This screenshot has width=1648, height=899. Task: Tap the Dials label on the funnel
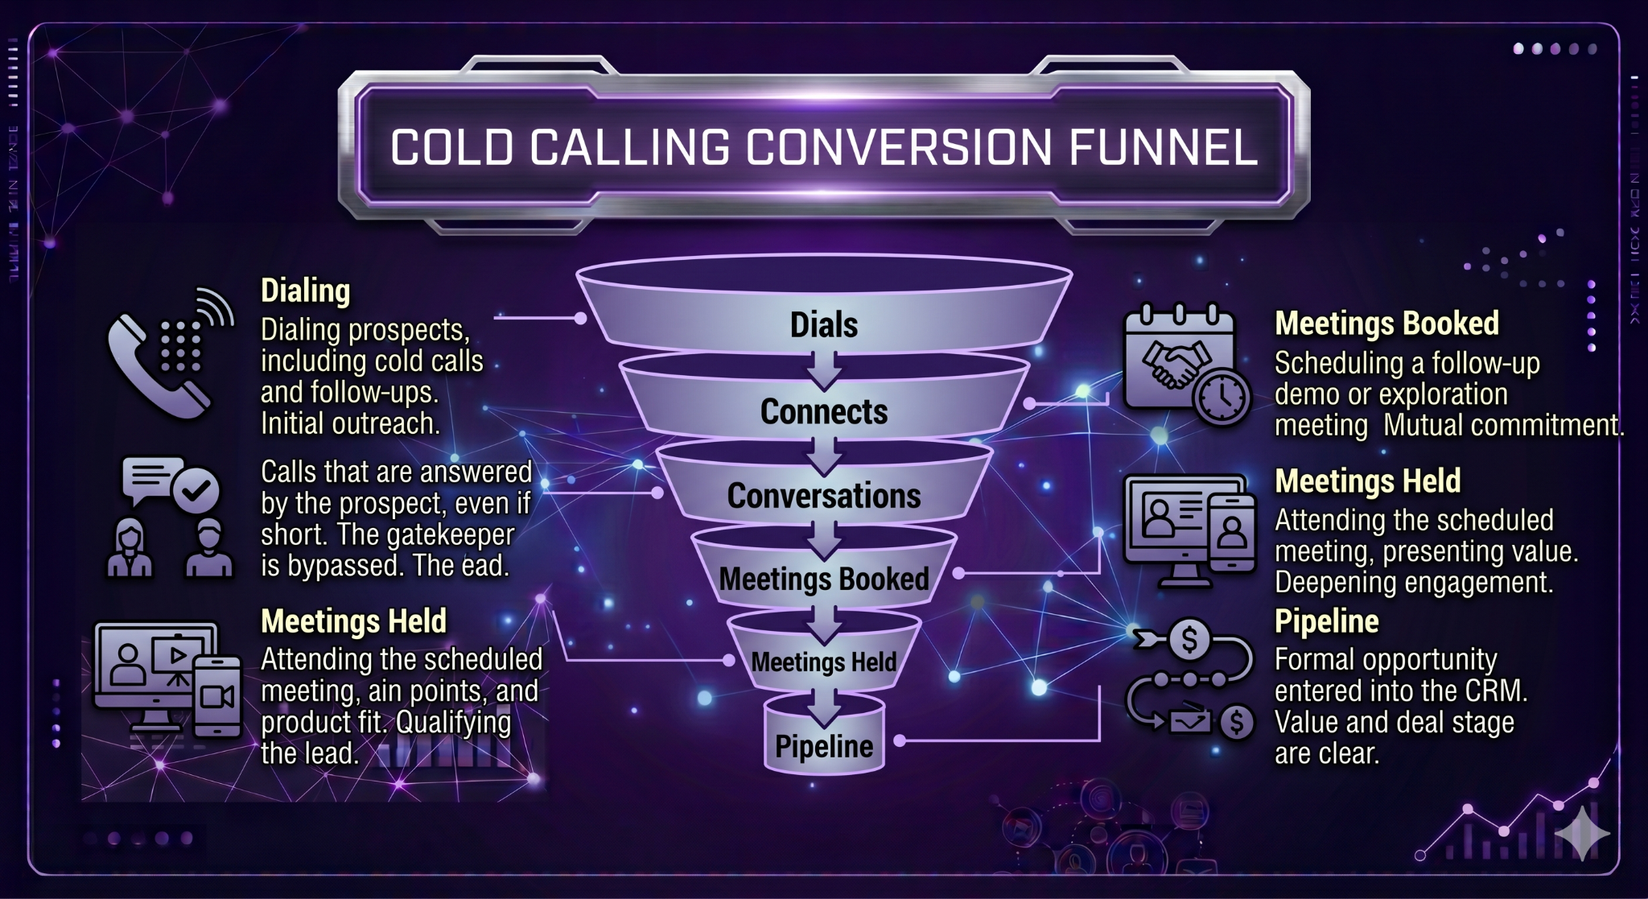click(823, 325)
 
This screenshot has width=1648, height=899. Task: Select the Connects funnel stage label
click(823, 412)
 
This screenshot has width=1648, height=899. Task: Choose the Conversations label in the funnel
click(823, 496)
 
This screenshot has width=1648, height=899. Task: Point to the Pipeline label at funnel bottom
click(823, 746)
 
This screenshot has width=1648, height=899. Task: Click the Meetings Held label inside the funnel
click(823, 662)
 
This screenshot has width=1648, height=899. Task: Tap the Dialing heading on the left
click(305, 291)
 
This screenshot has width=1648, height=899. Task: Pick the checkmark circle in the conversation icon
click(196, 489)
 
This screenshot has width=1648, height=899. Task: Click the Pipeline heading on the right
click(1326, 621)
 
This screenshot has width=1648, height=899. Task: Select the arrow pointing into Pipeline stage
click(824, 706)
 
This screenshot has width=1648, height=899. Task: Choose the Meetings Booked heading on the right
click(1386, 324)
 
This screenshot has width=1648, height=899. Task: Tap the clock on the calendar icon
click(1222, 396)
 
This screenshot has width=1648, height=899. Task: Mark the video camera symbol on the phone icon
click(217, 696)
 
